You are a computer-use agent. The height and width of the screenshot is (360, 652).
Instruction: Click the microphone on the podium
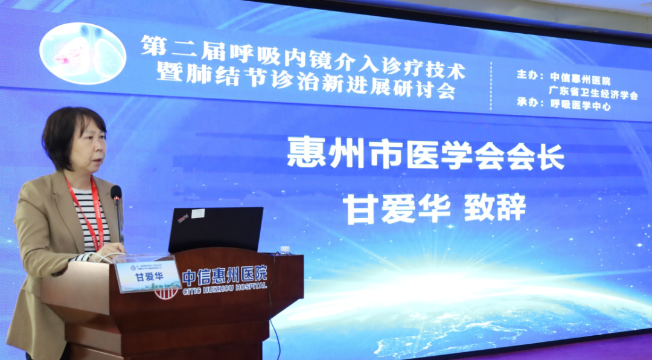point(116,194)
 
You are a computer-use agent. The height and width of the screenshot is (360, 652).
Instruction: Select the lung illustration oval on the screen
point(83,53)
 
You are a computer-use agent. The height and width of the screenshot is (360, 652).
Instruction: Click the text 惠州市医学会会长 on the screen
point(426,153)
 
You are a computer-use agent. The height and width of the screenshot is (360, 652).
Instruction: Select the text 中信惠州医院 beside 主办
point(580,79)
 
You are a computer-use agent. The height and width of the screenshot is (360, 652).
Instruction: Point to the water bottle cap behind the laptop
point(285,249)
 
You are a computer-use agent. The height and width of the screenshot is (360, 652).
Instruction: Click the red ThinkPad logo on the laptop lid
point(183,216)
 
